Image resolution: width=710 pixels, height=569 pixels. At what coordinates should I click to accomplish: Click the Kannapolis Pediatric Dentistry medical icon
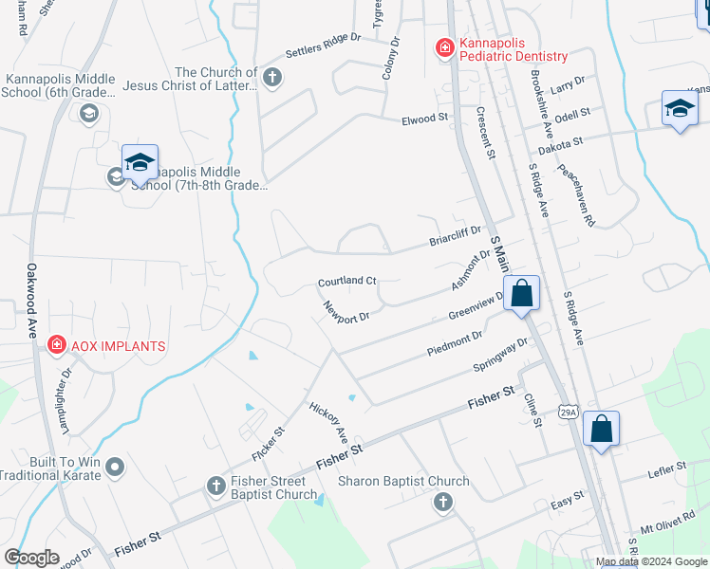(442, 47)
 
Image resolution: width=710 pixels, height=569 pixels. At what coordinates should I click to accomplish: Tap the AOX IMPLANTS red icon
(56, 345)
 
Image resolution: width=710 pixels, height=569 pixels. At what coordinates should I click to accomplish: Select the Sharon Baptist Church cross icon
(442, 503)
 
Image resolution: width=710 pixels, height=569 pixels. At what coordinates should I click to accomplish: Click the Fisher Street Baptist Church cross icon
(215, 486)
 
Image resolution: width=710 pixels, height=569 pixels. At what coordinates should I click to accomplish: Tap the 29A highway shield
(568, 413)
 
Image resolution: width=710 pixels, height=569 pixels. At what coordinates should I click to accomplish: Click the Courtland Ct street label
(347, 282)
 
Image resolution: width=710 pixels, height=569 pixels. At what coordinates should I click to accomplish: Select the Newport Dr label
(344, 313)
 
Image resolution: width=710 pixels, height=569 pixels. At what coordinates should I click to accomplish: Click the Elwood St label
(424, 119)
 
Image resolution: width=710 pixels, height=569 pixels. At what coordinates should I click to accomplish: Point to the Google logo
(31, 558)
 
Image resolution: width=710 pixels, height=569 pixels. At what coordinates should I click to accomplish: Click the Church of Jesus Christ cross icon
(272, 77)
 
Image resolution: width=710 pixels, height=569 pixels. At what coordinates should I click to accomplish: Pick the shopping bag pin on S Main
(521, 293)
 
